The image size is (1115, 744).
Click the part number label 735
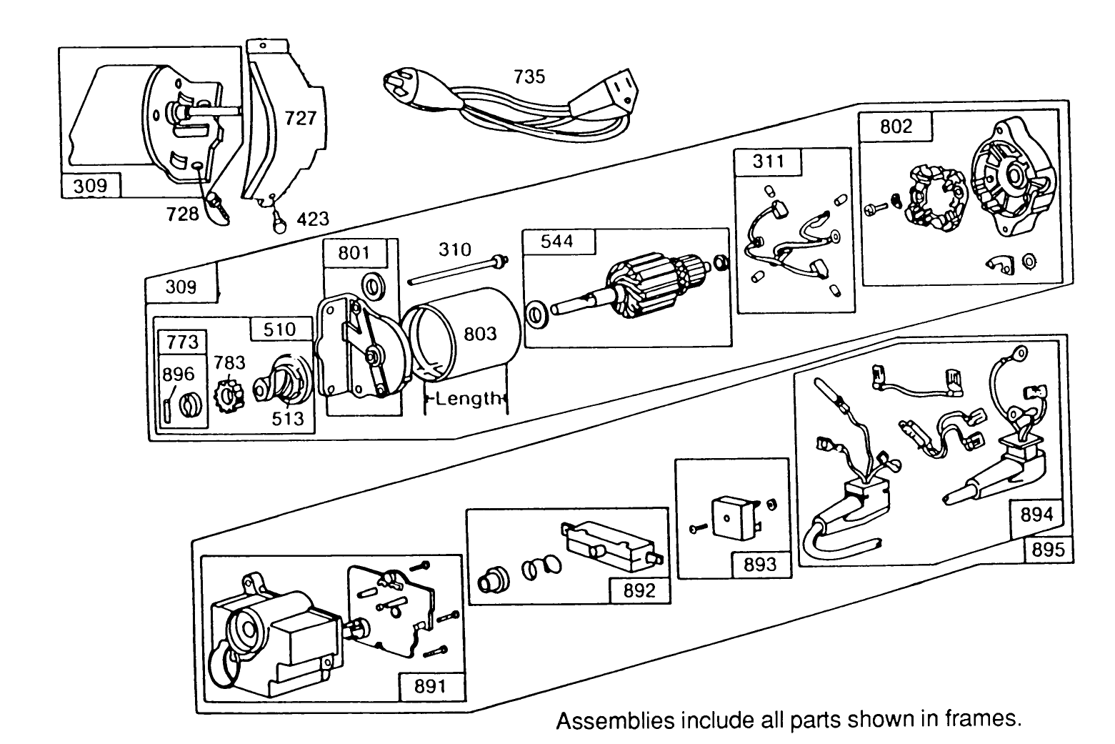(529, 76)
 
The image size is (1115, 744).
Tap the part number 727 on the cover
(300, 118)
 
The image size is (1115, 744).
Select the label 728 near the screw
(182, 213)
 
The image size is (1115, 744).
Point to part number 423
(312, 219)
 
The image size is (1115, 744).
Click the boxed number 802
(896, 127)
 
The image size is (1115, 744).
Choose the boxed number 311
(768, 162)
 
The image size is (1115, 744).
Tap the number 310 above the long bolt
(454, 249)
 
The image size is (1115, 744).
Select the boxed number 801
(354, 253)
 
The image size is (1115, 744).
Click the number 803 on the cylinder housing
(480, 334)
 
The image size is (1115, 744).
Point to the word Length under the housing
(468, 399)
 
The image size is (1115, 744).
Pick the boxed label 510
(279, 329)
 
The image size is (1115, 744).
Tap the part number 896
(178, 375)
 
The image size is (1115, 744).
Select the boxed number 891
(430, 686)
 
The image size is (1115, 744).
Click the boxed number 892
(639, 590)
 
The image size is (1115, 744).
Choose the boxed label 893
(759, 565)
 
